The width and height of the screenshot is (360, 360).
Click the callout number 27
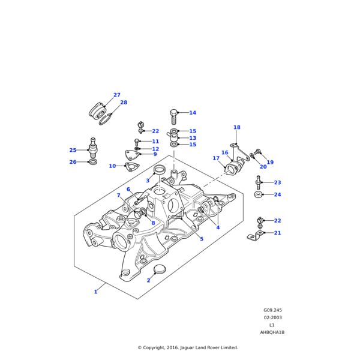[x=117, y=95]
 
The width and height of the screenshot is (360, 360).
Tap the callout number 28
[x=124, y=103]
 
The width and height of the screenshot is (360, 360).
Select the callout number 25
[x=73, y=150]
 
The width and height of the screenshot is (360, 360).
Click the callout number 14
[x=193, y=113]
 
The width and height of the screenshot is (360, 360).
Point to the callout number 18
[x=236, y=127]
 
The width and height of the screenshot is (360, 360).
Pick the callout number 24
[x=277, y=194]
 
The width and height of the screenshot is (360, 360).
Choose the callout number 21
[x=277, y=233]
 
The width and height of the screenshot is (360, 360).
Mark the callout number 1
[x=95, y=292]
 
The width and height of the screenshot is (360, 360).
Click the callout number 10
[x=112, y=166]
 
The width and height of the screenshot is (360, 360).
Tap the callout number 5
[x=202, y=239]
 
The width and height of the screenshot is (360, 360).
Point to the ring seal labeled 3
[x=160, y=171]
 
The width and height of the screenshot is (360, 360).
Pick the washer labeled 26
[x=92, y=162]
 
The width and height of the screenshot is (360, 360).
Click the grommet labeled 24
[x=259, y=194]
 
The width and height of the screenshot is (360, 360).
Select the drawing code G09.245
[x=272, y=310]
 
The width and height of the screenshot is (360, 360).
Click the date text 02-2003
[x=272, y=317]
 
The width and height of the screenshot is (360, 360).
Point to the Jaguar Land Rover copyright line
[x=188, y=347]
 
